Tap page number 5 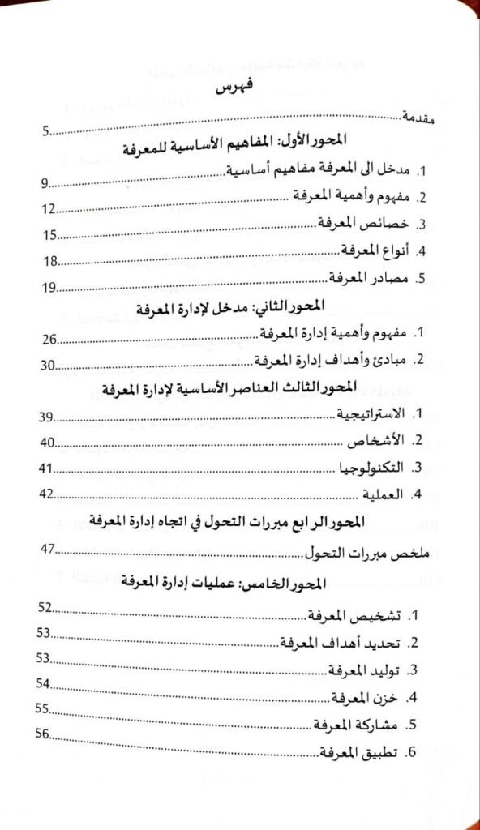(48, 130)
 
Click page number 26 (49, 340)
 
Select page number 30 (49, 366)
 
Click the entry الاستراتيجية (371, 416)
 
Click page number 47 (49, 550)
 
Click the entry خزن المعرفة (371, 697)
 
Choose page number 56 (44, 735)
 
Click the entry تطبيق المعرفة (358, 751)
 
